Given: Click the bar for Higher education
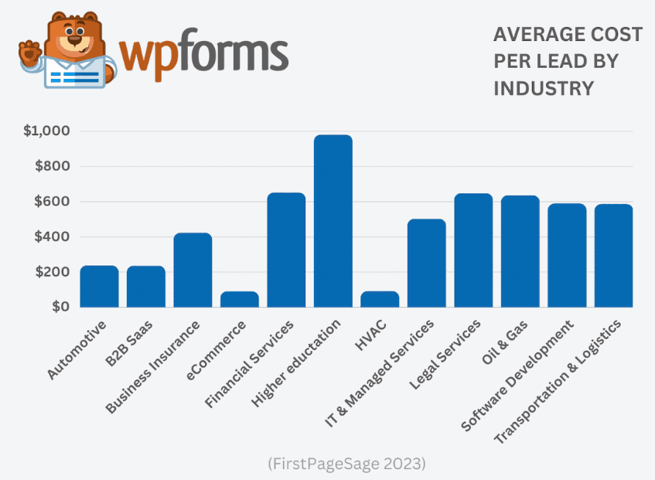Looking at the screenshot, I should click(333, 221).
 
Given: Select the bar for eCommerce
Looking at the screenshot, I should click(240, 298).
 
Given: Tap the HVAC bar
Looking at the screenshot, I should click(380, 298).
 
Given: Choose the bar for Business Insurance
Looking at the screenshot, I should click(193, 270).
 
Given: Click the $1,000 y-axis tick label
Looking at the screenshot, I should click(46, 131).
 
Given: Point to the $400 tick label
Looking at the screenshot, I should click(52, 237).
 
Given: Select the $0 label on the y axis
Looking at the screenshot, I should click(62, 307).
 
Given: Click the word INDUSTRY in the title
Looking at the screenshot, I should click(543, 88).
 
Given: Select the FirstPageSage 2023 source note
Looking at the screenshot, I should click(346, 464).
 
